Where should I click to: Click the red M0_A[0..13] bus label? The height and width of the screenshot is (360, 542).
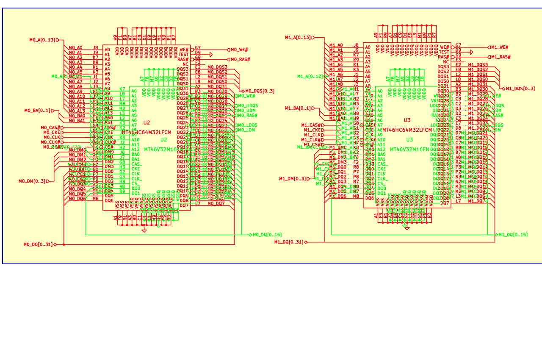42,40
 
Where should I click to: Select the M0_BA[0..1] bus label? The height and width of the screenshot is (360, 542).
38,111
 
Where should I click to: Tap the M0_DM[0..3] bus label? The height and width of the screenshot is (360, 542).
32,181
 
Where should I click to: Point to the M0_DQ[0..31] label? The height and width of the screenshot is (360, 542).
38,244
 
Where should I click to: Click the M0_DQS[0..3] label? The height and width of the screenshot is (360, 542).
260,91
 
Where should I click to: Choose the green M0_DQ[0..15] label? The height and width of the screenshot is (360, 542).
267,235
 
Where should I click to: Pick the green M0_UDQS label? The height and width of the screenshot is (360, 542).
247,105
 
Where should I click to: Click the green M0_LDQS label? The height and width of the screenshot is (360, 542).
247,125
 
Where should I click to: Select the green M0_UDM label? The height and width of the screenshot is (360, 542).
246,111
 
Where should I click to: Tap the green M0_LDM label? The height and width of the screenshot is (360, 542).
246,130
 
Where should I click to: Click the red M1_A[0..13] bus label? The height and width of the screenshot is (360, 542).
298,37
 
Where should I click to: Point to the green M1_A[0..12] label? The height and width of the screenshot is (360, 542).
310,76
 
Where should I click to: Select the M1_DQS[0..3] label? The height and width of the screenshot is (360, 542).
520,89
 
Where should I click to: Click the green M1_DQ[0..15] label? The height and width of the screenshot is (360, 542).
513,235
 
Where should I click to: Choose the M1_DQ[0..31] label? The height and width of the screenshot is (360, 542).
289,242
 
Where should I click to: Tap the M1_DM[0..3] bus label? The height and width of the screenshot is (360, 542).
293,178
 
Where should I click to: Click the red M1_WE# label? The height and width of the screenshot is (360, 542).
500,47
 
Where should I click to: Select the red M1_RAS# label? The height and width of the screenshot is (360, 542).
501,57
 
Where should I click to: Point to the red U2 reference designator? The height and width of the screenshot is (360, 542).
147,123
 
